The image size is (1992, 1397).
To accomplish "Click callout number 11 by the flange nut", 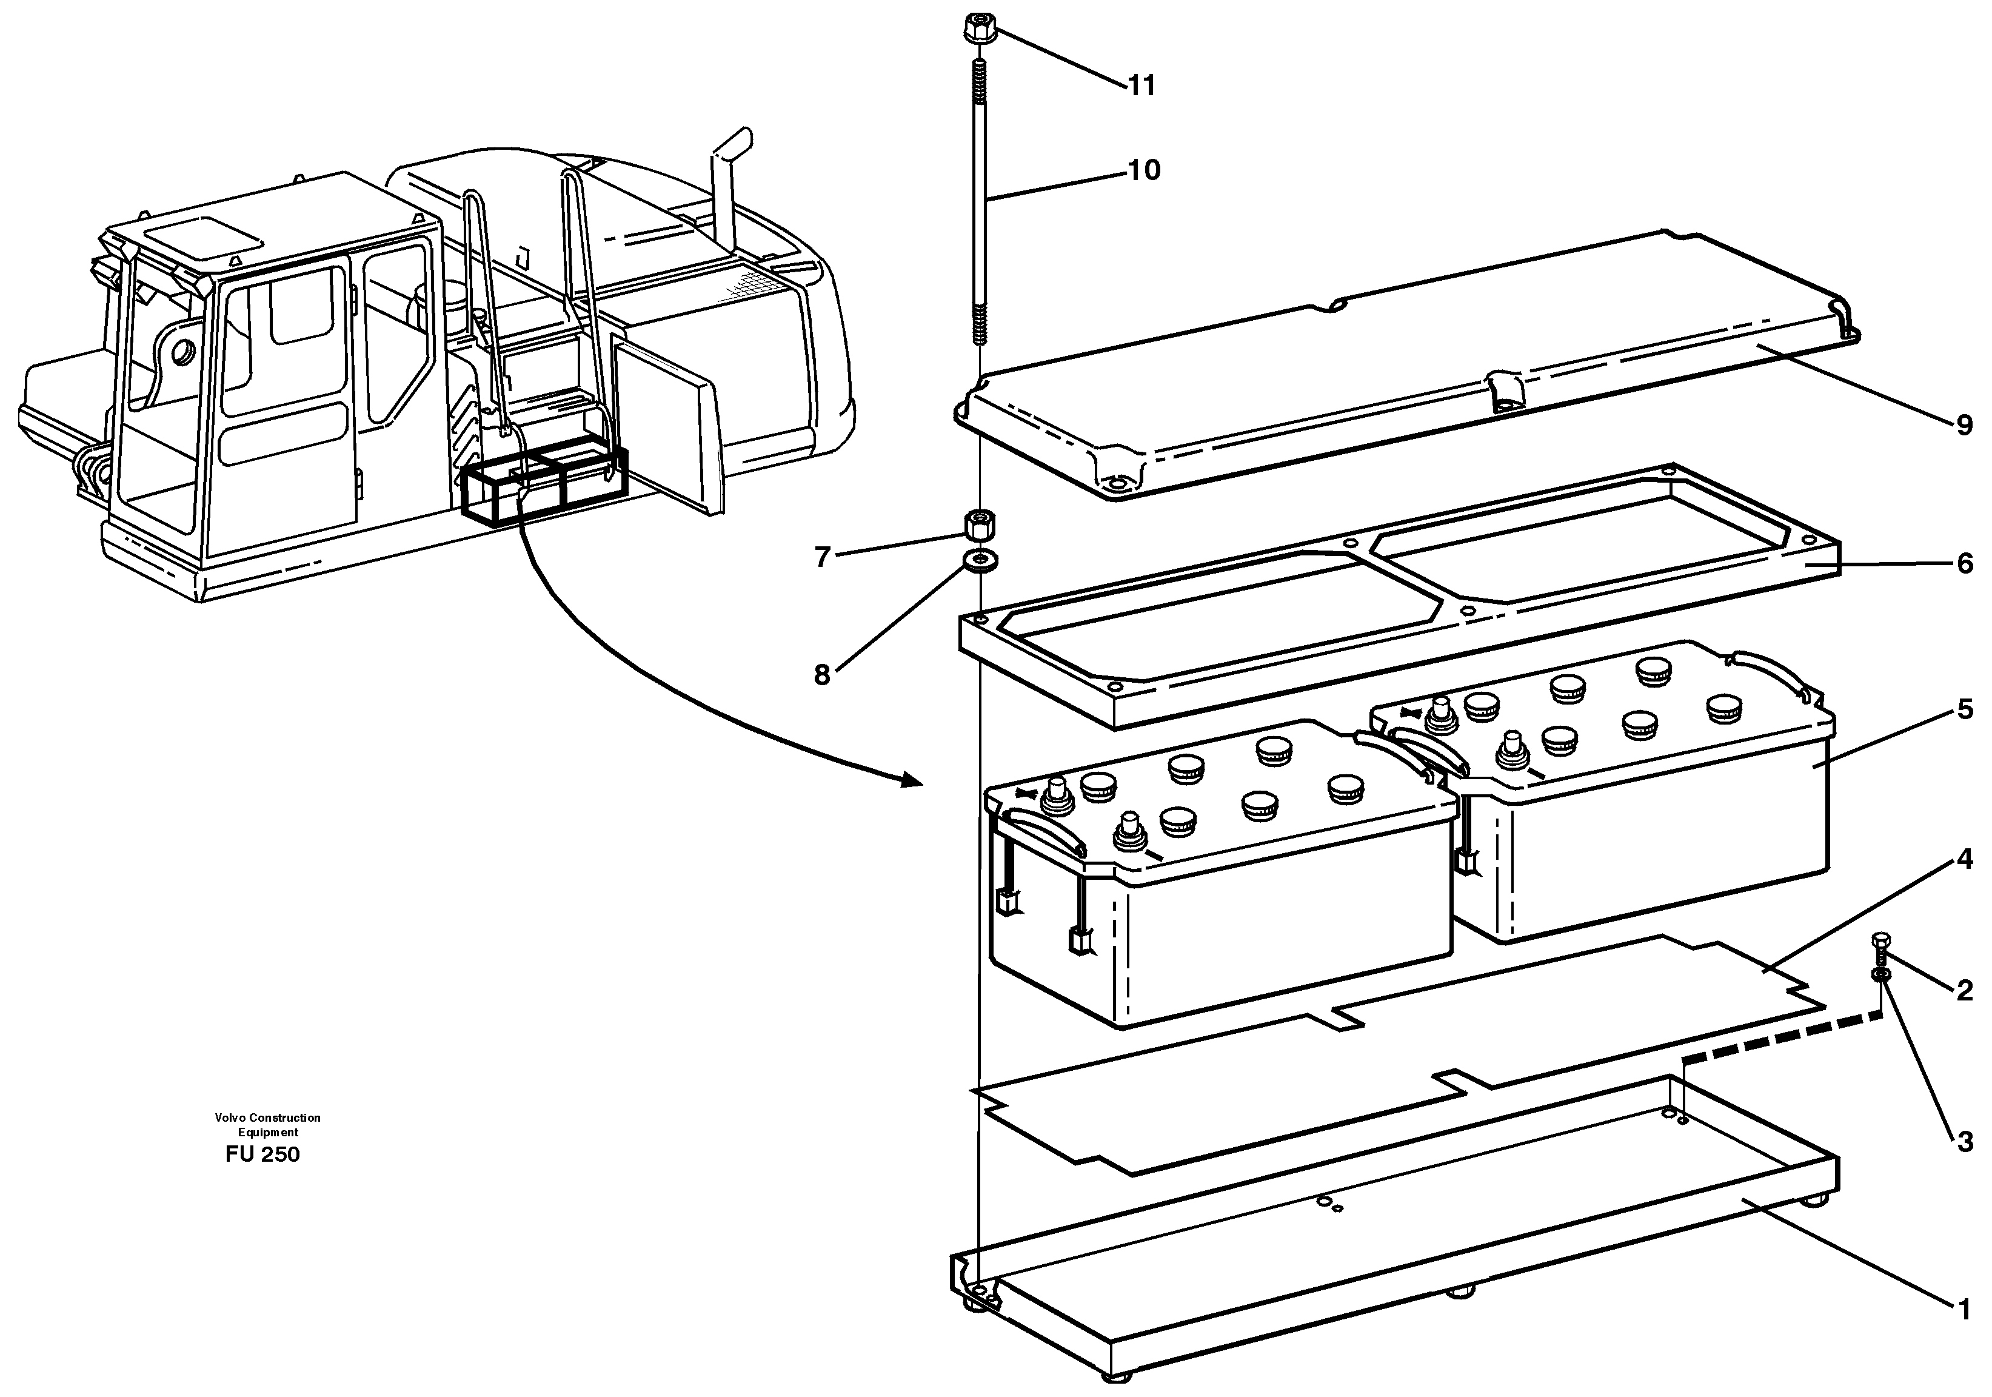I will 1141,86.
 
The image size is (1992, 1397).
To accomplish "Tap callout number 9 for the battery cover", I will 1964,426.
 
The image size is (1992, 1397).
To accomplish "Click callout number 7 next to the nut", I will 823,556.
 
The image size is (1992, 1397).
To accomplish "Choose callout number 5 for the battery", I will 1964,711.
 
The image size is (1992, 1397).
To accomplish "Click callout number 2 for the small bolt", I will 1964,990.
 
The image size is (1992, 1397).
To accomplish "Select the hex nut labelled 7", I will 980,526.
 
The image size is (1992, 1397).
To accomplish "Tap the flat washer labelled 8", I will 980,559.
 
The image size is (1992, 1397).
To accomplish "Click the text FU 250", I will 262,1155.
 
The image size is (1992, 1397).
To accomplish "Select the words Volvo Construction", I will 267,1117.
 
